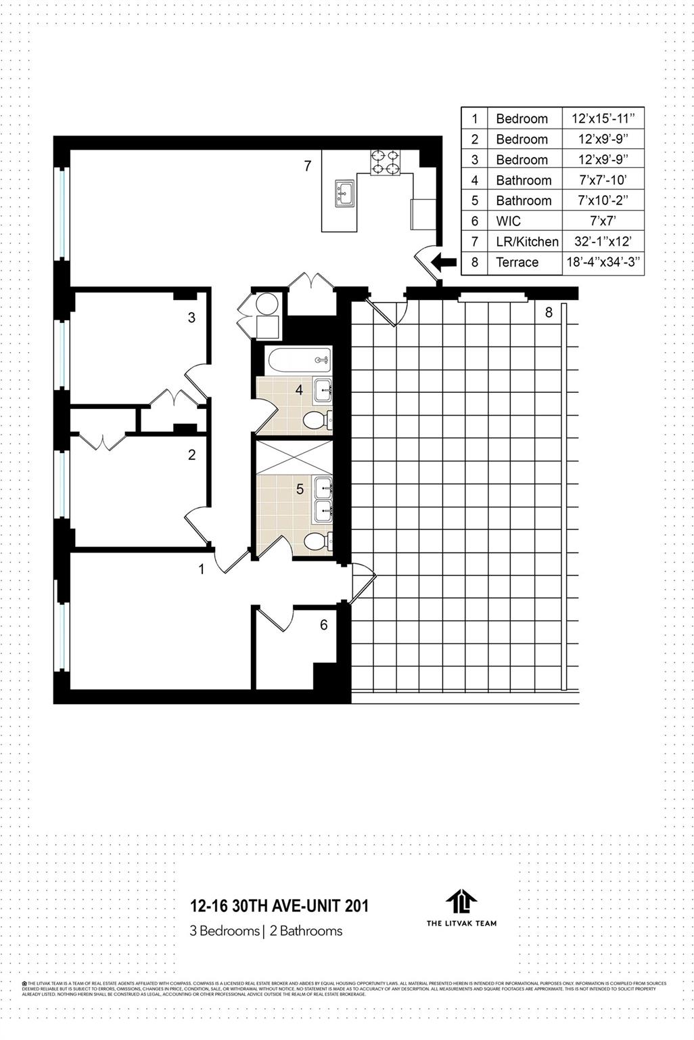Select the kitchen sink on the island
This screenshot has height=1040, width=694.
click(x=344, y=192)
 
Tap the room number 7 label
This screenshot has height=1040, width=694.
click(x=308, y=165)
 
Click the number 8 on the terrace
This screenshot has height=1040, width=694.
click(x=549, y=312)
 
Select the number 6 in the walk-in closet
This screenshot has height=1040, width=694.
click(x=324, y=624)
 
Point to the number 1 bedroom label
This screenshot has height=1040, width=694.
click(x=201, y=569)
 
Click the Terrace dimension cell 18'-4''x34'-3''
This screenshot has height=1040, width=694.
click(x=603, y=262)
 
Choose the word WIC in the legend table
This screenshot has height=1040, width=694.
click(x=508, y=221)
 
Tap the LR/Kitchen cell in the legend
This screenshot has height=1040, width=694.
click(x=527, y=242)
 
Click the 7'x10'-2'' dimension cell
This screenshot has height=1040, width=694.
click(x=603, y=200)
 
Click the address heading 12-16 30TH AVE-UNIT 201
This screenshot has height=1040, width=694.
click(x=279, y=905)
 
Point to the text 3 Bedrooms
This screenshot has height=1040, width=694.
click(x=225, y=931)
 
